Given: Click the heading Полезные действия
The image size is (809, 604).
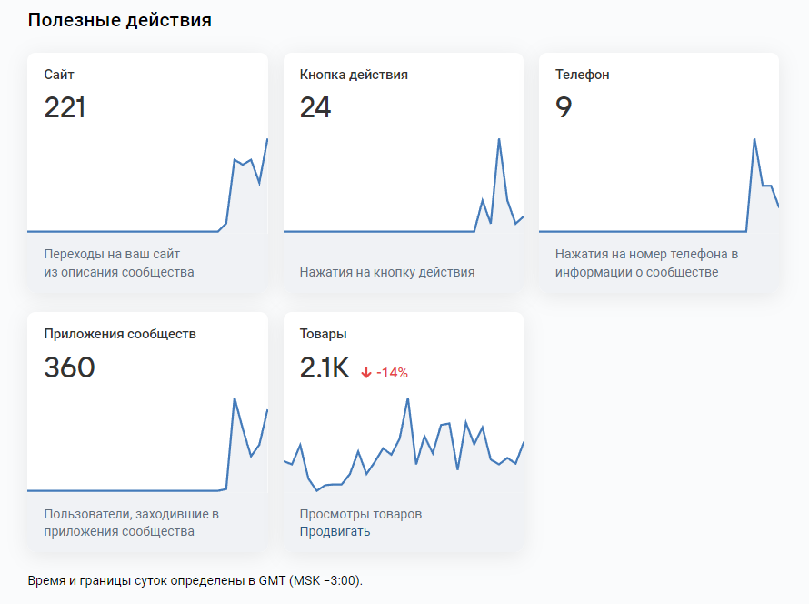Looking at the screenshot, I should click(119, 20).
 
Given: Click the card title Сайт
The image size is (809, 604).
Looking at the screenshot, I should click(59, 75).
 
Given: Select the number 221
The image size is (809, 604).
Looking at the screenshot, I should click(65, 107).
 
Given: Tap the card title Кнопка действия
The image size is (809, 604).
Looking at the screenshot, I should click(354, 75).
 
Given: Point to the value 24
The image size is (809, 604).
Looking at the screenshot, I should click(315, 107).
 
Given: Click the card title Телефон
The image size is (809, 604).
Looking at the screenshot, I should click(582, 75).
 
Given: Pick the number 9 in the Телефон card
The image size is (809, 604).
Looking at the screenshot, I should click(564, 107).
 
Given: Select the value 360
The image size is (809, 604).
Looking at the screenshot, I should click(69, 367).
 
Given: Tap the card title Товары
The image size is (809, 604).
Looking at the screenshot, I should click(323, 334).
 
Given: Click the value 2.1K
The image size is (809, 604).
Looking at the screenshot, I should click(325, 367).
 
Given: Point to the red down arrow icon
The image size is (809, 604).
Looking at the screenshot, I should click(366, 372).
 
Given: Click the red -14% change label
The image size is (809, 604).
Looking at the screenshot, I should click(392, 372).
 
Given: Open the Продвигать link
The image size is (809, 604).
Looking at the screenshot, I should click(335, 531).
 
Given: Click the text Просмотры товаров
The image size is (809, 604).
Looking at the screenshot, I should click(361, 514).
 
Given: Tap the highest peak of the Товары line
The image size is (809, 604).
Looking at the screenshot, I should click(408, 398).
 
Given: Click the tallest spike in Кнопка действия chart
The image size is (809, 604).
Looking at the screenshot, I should click(499, 139).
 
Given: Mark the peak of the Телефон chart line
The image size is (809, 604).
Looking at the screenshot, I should click(754, 139).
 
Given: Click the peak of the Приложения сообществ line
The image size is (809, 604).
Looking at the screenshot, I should click(235, 398).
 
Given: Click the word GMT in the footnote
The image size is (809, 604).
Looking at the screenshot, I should click(270, 580).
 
